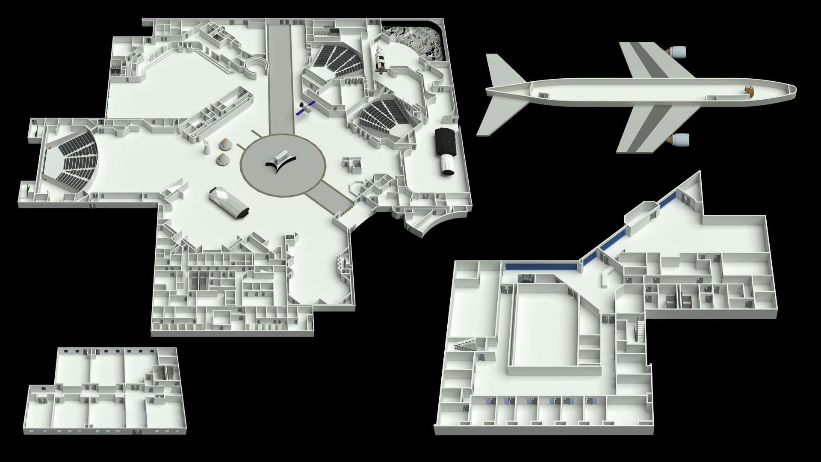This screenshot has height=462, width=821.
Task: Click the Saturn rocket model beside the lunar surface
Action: pyautogui.click(x=379, y=60)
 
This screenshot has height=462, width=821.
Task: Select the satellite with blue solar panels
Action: pyautogui.click(x=306, y=108)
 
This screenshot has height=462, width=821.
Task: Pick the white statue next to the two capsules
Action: pyautogui.click(x=207, y=147)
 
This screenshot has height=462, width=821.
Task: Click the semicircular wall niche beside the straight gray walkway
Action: pyautogui.click(x=256, y=66)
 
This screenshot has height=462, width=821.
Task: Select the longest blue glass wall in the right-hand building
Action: pyautogui.click(x=541, y=267)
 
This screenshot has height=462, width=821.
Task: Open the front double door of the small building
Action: pyautogui.click(x=136, y=432)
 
